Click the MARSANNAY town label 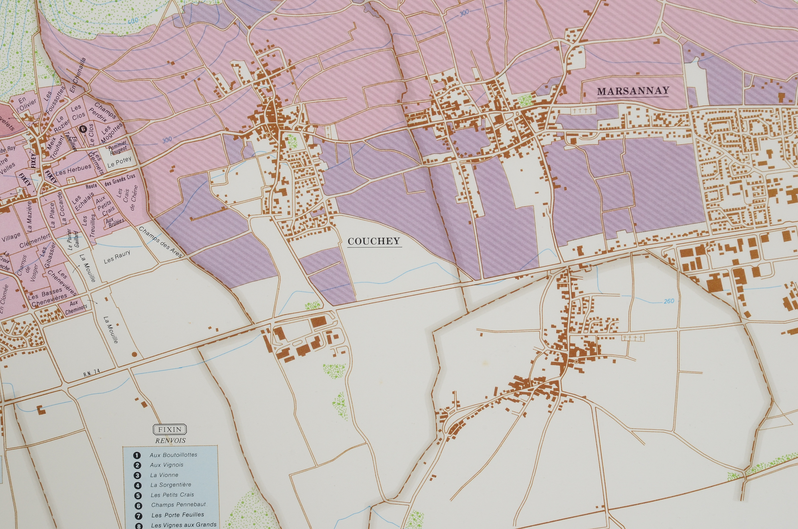633,91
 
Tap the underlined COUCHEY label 374,241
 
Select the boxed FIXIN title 170,430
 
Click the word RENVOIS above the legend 170,441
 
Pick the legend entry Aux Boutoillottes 173,455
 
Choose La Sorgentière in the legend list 170,485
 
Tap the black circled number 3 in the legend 138,475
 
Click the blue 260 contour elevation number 669,301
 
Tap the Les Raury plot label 117,257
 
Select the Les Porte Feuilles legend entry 177,515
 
